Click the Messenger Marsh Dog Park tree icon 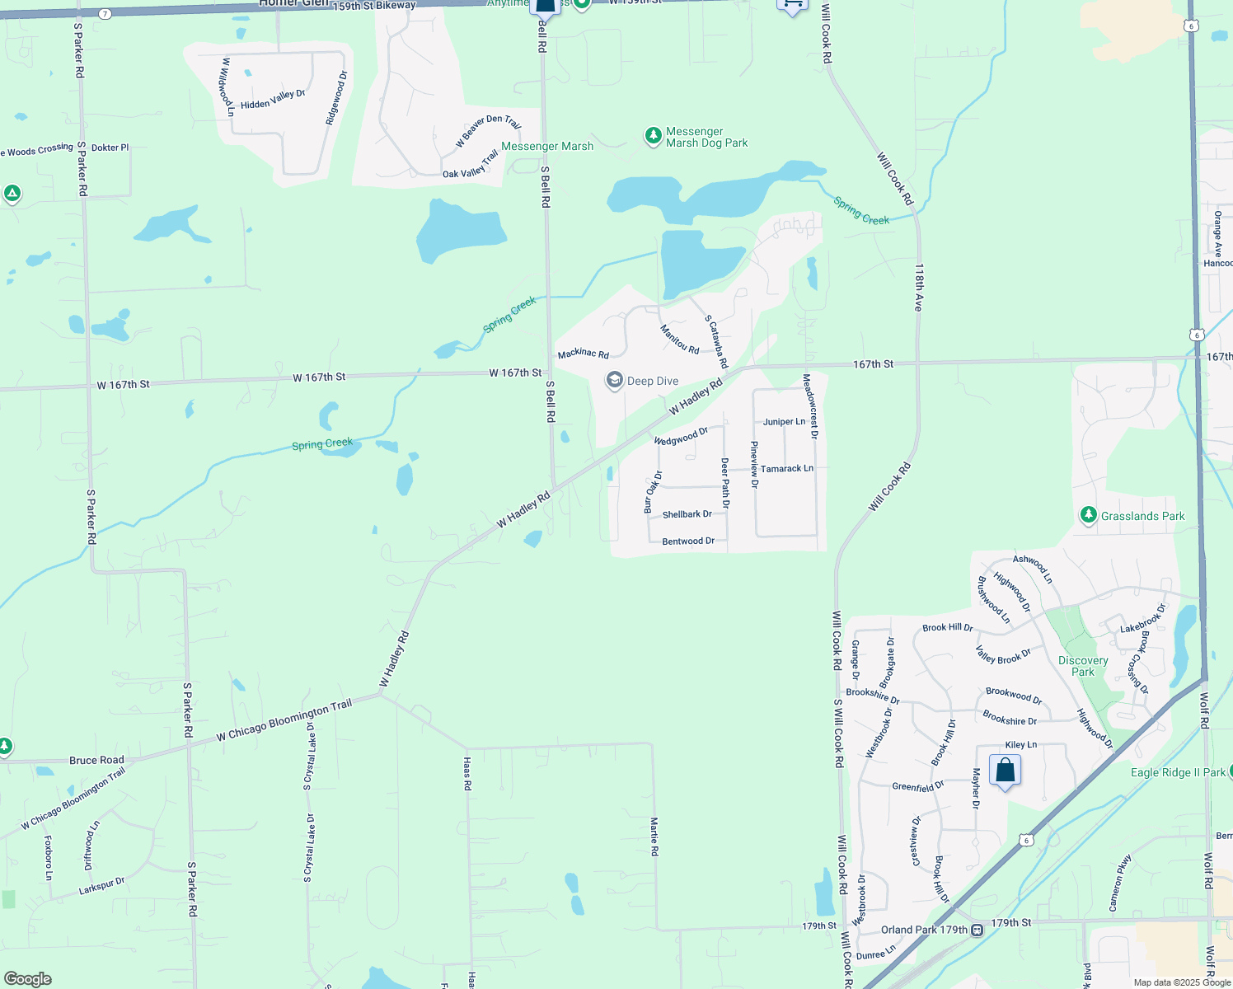(x=653, y=135)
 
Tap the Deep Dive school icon (x=614, y=381)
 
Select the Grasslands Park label (x=1142, y=516)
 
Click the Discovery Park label (x=1083, y=666)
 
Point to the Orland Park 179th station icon (x=977, y=930)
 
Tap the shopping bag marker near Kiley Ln (x=1005, y=771)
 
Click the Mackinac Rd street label (x=583, y=354)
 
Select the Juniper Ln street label (x=784, y=422)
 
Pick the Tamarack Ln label (x=786, y=469)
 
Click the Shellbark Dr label (x=687, y=514)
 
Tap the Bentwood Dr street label (x=688, y=541)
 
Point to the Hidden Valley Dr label (x=273, y=100)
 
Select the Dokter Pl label (x=110, y=148)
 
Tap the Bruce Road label (x=96, y=760)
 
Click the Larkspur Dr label (x=101, y=887)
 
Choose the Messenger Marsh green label (x=547, y=147)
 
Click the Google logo (x=27, y=979)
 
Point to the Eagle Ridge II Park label (x=1178, y=772)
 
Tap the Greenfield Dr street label (x=917, y=786)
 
